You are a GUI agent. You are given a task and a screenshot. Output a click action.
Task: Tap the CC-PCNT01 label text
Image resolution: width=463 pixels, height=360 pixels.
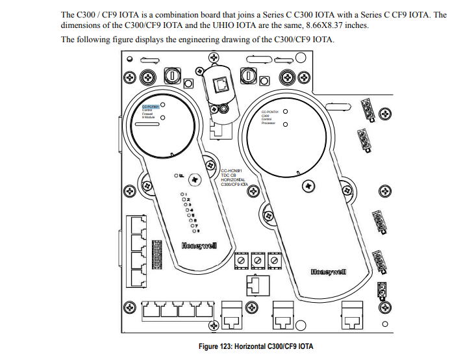tap(269, 112)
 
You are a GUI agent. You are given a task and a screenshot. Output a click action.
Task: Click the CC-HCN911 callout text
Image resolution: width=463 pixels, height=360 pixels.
tap(232, 171)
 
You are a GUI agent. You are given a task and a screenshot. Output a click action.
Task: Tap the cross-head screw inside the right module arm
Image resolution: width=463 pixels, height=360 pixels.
tap(306, 185)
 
